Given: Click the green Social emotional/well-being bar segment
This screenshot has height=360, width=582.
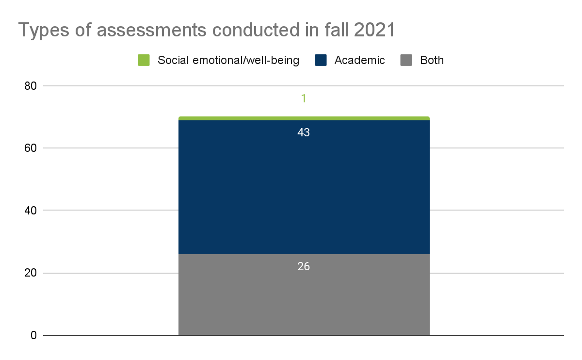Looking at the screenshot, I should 304,118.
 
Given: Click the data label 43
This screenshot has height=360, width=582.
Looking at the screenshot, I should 304,132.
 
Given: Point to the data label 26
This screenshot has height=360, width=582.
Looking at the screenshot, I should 304,266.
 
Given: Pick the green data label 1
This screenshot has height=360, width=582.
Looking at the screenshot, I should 304,98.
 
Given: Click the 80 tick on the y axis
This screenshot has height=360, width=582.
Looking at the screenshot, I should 31,86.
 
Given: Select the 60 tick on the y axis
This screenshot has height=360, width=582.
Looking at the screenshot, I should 31,148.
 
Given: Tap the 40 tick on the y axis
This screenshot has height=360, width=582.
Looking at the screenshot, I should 31,211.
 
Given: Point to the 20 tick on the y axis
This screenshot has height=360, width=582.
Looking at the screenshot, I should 31,273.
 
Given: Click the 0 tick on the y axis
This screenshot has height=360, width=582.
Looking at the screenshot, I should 33,335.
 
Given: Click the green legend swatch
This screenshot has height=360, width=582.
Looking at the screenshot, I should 144,60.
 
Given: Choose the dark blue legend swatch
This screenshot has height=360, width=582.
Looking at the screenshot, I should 321,60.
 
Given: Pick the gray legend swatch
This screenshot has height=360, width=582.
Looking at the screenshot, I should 406,60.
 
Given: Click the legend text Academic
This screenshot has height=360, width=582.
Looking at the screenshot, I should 359,60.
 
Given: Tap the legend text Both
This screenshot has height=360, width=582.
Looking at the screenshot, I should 432,60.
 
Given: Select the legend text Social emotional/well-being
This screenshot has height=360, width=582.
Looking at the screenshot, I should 228,60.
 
